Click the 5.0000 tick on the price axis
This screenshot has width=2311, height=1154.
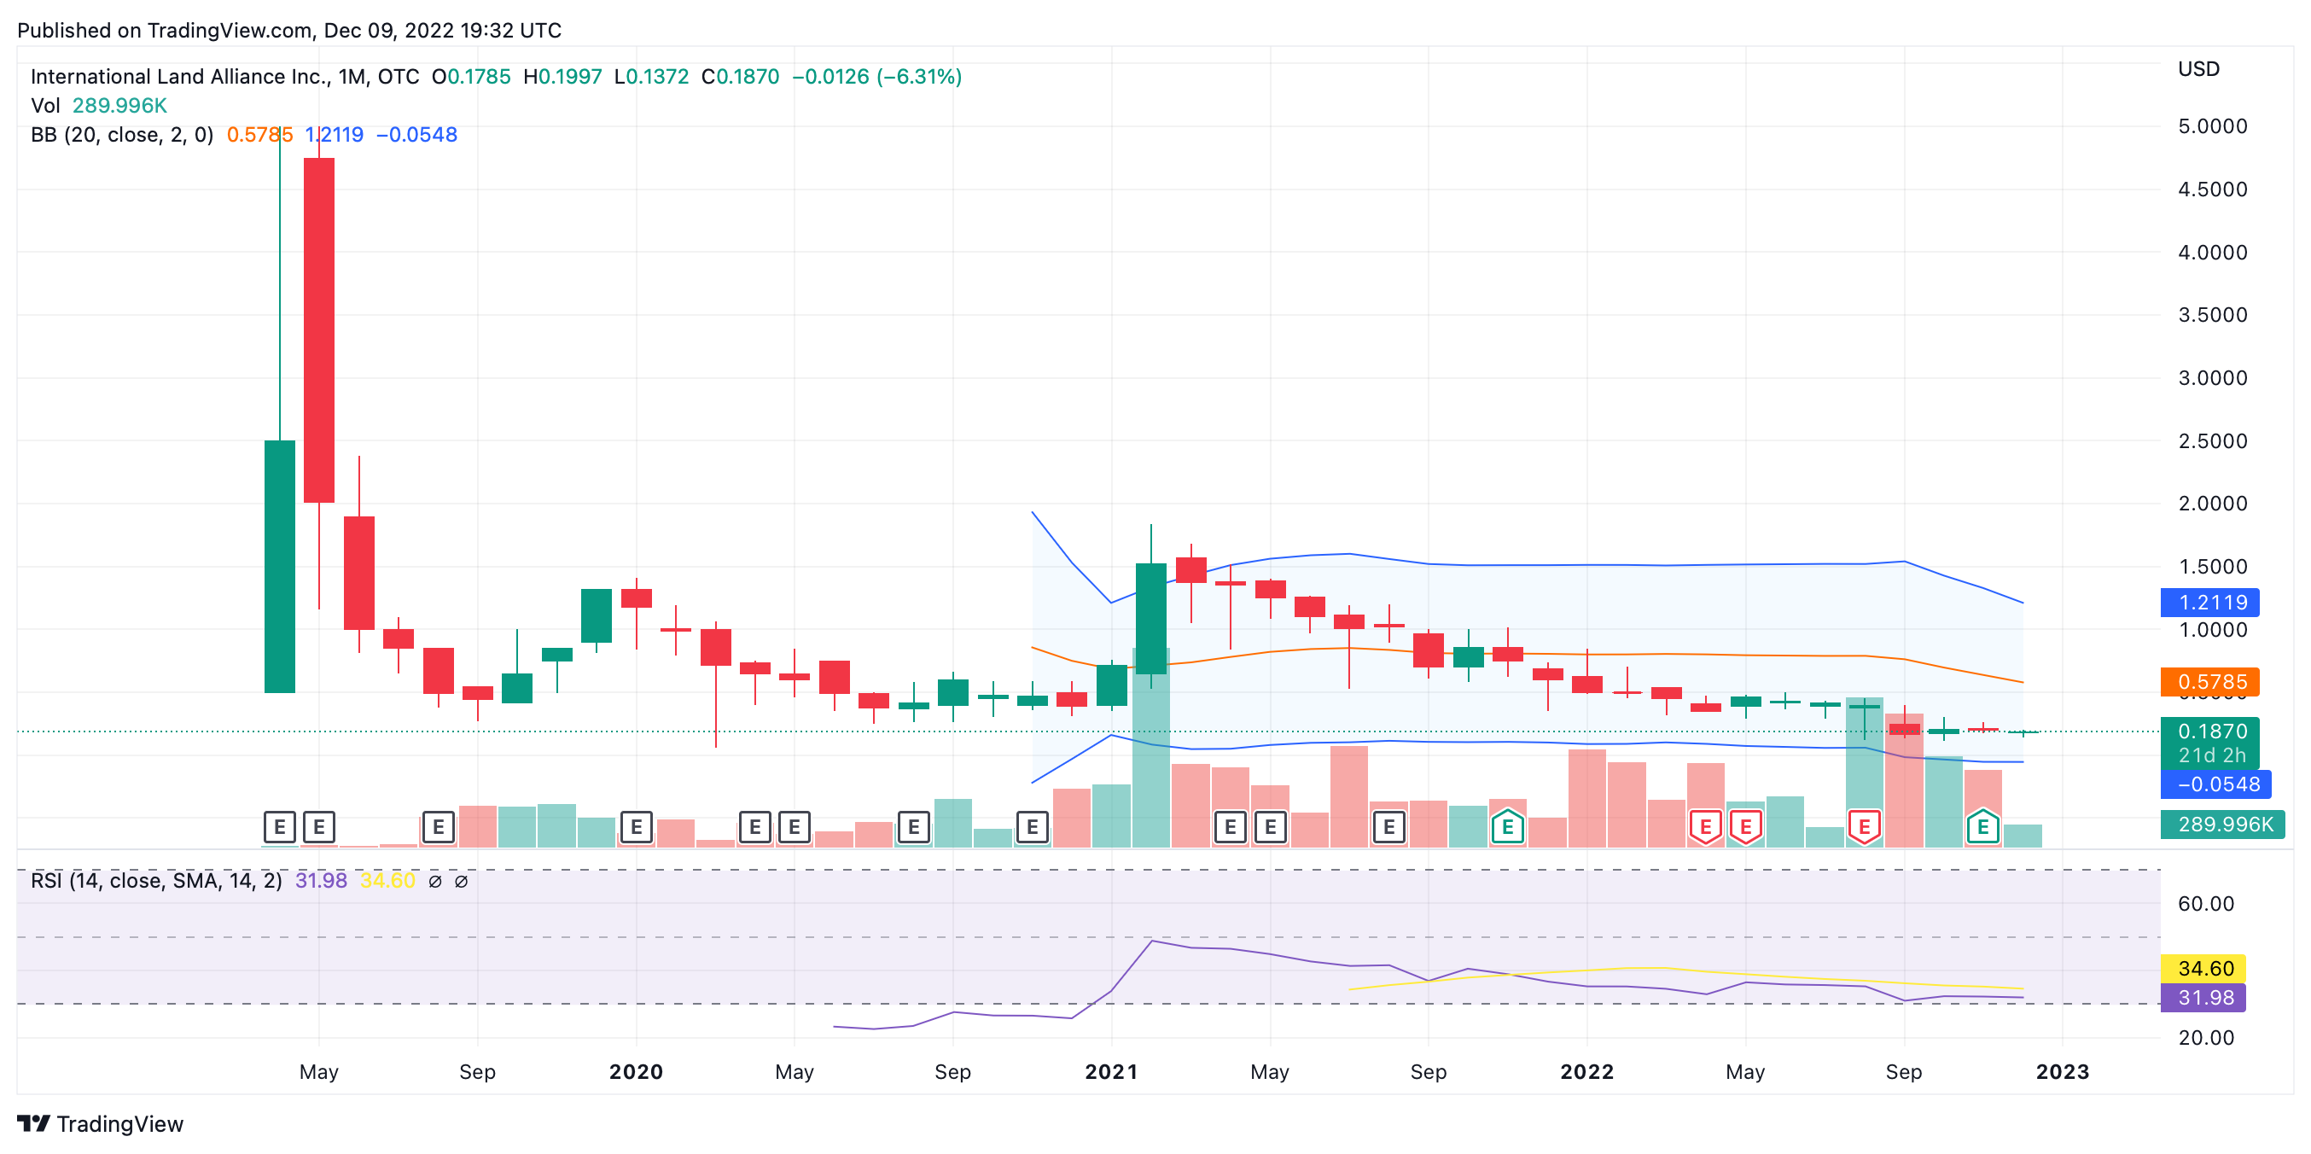[x=2211, y=126]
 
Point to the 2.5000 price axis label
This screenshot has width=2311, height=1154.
[x=2211, y=441]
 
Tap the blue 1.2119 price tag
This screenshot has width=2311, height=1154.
[x=2210, y=603]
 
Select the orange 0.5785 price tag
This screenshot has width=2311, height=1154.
[x=2210, y=682]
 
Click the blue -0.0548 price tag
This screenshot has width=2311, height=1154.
[x=2217, y=784]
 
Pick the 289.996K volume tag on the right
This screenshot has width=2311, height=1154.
[x=2223, y=824]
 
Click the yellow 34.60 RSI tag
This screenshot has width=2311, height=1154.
[x=2204, y=969]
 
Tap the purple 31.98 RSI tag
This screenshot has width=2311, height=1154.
[x=2204, y=998]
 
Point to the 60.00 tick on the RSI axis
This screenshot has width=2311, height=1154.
[x=2205, y=904]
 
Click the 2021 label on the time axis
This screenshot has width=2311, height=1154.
[x=1110, y=1071]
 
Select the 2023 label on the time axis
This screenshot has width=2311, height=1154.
[x=2062, y=1071]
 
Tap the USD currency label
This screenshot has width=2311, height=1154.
[x=2198, y=69]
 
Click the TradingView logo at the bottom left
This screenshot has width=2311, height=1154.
[x=101, y=1124]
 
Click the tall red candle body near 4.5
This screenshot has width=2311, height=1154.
[x=319, y=329]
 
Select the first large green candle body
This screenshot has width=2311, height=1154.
[x=280, y=566]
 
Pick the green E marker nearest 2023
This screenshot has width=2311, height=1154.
[x=1982, y=826]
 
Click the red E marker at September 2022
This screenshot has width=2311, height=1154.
[x=1864, y=826]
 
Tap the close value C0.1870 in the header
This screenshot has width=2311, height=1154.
[x=740, y=77]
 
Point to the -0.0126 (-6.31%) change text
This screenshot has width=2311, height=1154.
[x=876, y=77]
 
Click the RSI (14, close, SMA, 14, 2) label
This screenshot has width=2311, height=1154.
[x=156, y=880]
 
